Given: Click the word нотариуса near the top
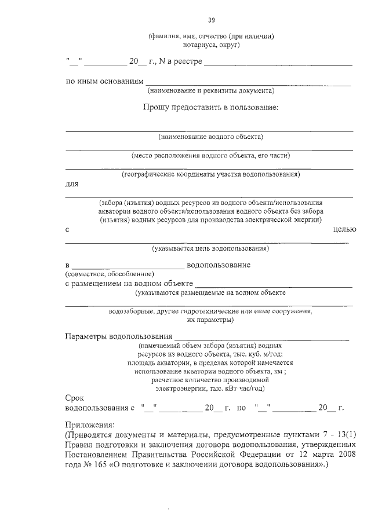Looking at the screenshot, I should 195,45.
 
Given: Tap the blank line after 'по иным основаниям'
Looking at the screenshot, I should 248,84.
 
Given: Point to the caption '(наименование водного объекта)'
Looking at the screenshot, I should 210,137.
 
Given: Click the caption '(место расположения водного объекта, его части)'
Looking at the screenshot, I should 210,155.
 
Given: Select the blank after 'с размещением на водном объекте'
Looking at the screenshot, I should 274,285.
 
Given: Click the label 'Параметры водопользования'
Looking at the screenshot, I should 119,336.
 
